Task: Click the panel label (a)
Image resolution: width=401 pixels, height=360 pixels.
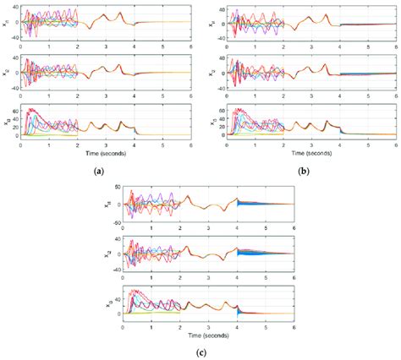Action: [x=100, y=170]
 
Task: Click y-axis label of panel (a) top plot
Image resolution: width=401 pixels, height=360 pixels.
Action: [x=7, y=23]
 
